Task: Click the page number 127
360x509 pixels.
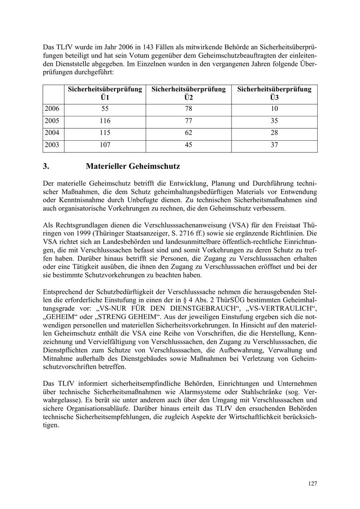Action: tap(312, 484)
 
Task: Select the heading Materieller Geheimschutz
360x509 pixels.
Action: tap(132, 166)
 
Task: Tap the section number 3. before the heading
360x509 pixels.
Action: tap(46, 166)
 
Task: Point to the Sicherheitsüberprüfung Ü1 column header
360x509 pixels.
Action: tap(105, 93)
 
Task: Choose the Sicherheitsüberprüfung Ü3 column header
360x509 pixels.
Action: tap(274, 93)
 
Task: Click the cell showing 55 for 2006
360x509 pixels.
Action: tap(105, 109)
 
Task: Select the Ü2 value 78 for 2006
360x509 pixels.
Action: tap(188, 109)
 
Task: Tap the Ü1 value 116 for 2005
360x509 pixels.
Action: tap(105, 121)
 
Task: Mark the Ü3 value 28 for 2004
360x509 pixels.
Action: tap(274, 133)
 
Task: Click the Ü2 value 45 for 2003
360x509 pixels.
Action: tap(188, 145)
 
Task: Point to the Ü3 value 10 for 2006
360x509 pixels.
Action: tap(274, 109)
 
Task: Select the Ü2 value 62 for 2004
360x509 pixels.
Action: tap(188, 133)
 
